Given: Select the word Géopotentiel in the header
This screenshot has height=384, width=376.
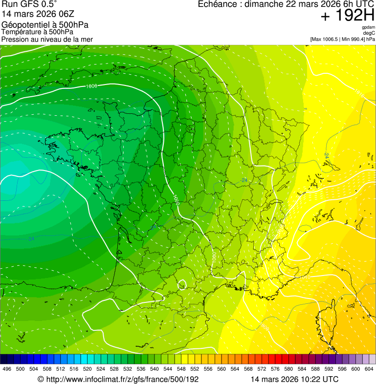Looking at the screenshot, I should coord(23,25).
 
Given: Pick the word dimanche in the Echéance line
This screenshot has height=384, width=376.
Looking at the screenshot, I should coord(264,4).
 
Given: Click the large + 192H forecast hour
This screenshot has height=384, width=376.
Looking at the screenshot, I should coord(347,16).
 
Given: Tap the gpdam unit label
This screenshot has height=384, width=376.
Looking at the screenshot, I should coord(368,27).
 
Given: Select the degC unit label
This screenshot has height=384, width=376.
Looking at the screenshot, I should coord(370,33).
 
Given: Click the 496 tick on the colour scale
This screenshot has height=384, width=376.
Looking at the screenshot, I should coord(7,369).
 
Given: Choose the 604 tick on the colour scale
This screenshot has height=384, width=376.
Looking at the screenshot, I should coord(369,369).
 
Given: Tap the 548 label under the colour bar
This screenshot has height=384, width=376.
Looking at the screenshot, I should coord(181,369).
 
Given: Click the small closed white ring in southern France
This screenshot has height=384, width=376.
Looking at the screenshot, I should coord(182,284).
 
